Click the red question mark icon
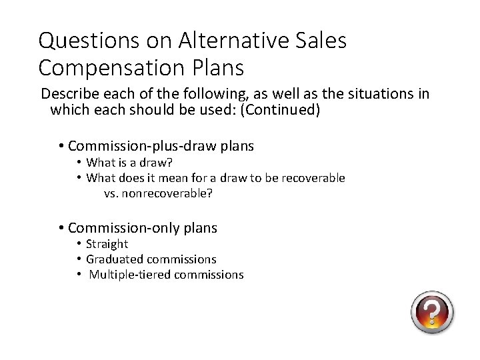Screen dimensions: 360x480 tap(432, 312)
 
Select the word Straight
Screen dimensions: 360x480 tap(107, 245)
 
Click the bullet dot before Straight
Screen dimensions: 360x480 tap(79, 245)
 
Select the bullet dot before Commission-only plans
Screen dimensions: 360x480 tap(61, 228)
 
